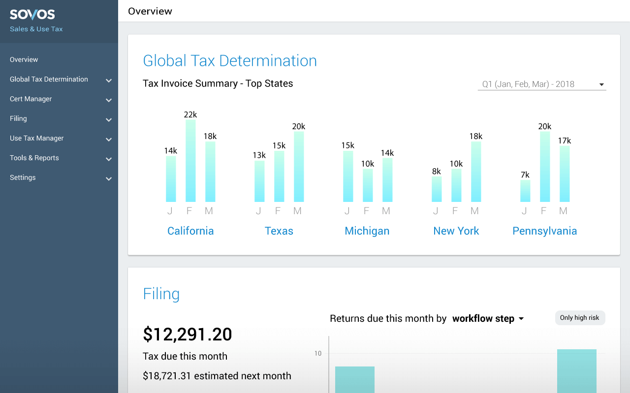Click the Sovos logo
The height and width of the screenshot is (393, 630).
pyautogui.click(x=32, y=15)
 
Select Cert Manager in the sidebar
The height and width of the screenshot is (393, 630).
pyautogui.click(x=31, y=99)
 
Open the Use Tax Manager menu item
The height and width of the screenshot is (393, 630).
pyautogui.click(x=37, y=138)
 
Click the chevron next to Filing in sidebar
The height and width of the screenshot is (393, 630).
pyautogui.click(x=109, y=119)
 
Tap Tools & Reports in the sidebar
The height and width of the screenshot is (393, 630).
pyautogui.click(x=34, y=158)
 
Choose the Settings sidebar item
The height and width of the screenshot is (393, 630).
pyautogui.click(x=23, y=177)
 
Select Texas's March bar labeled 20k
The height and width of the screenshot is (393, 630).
pyautogui.click(x=299, y=167)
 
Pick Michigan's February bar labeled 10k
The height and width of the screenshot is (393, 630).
pyautogui.click(x=368, y=185)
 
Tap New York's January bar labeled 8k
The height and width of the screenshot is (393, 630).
pyautogui.click(x=437, y=189)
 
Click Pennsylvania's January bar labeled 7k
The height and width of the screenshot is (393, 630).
pyautogui.click(x=525, y=191)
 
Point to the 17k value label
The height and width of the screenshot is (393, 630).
pyautogui.click(x=565, y=140)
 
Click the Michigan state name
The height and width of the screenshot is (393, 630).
pyautogui.click(x=367, y=231)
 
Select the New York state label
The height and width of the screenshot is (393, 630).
pyautogui.click(x=456, y=231)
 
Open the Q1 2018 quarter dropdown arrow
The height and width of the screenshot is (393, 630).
pyautogui.click(x=601, y=84)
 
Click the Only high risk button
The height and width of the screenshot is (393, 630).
pyautogui.click(x=580, y=318)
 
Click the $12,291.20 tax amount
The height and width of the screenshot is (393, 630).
pyautogui.click(x=188, y=334)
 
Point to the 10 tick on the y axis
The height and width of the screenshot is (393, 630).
pyautogui.click(x=318, y=353)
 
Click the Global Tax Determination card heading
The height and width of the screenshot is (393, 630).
pyautogui.click(x=230, y=60)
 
